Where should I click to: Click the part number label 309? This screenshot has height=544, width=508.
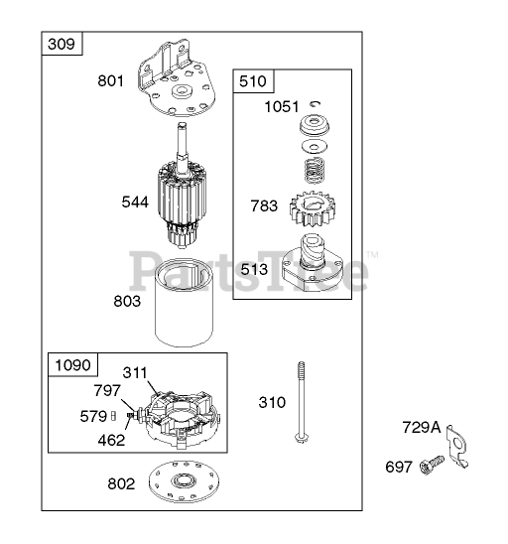(62, 44)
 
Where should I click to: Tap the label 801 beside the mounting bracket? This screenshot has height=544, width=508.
(110, 80)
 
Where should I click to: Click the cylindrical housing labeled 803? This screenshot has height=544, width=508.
(184, 303)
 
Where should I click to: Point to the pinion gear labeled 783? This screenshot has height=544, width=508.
(309, 208)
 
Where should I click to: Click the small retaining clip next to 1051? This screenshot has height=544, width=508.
(316, 103)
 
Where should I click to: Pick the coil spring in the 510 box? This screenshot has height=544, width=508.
(315, 170)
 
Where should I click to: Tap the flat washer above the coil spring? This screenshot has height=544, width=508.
(315, 146)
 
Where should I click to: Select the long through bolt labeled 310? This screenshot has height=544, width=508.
(301, 402)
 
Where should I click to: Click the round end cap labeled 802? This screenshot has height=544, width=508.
(184, 481)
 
